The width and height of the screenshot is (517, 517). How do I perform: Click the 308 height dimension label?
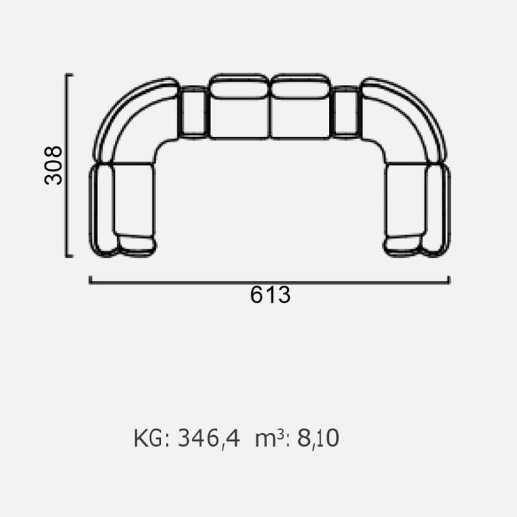pos(53,165)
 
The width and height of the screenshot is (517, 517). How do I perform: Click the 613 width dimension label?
pos(271,295)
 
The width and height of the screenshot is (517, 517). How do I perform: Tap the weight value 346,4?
pos(209,439)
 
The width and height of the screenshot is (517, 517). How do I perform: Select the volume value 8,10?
pos(318,439)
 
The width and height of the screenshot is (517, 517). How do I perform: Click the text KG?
pos(152,438)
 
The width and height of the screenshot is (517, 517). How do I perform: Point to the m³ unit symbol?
pos(270,439)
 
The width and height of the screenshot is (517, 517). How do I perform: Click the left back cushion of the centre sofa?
pos(239,86)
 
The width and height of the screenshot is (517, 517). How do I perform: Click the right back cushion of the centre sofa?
pos(300,86)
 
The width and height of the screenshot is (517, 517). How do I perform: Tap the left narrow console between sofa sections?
pos(193,112)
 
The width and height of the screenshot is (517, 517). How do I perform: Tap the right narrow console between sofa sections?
pos(346,112)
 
